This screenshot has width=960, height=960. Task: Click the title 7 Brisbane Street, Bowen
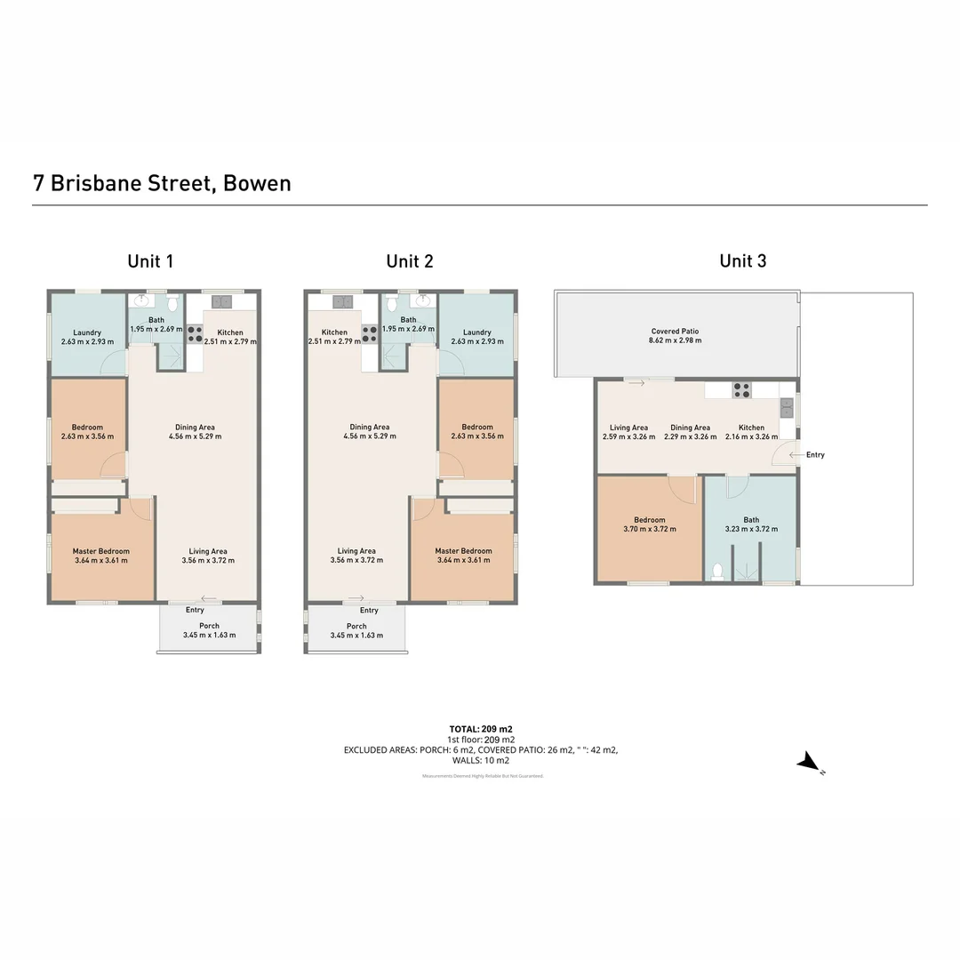tap(162, 183)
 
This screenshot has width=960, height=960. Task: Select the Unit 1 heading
tap(150, 260)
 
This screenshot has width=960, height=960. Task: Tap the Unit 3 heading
tap(742, 260)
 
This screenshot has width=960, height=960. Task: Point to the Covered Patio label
tap(676, 332)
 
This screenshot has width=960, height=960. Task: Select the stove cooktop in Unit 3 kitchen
tap(740, 390)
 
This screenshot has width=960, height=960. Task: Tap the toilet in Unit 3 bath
tap(718, 571)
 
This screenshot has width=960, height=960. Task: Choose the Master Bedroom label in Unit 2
tap(464, 551)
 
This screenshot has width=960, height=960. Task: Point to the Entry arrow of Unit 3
tap(795, 454)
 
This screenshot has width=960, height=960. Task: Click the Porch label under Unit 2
tap(356, 626)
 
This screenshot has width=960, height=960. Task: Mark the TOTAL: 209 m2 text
tap(481, 729)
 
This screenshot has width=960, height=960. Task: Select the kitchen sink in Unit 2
tap(342, 302)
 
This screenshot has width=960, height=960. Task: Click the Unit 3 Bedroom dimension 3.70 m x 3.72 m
tap(649, 529)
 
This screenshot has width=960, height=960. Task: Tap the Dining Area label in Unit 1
tap(195, 428)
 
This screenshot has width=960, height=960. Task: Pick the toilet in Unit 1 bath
tap(172, 304)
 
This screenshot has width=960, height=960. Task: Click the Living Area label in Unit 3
tap(628, 428)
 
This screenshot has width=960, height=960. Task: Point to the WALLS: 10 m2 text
tap(481, 761)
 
